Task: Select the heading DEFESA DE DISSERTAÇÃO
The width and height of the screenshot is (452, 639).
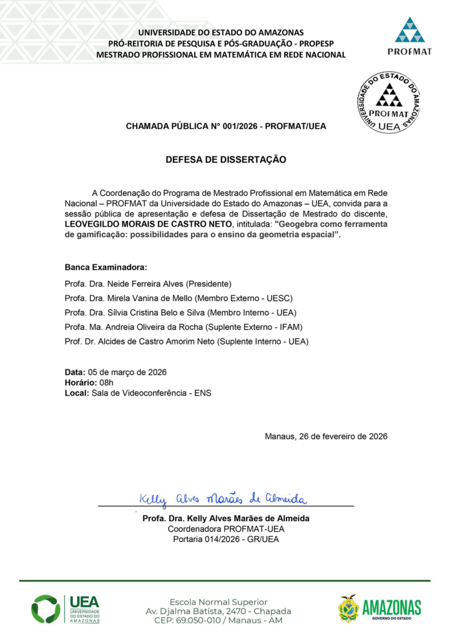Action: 225,160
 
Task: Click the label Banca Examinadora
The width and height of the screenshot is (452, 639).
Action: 106,267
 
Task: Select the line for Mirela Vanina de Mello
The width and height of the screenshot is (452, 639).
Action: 179,298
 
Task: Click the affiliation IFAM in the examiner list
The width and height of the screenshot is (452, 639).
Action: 289,327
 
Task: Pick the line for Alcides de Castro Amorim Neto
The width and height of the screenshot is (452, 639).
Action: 187,342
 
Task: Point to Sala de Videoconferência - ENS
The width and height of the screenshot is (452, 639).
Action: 152,393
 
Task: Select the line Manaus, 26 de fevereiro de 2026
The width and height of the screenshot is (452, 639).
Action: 326,436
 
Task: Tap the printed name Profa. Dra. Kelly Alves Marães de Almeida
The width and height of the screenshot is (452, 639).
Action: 225,519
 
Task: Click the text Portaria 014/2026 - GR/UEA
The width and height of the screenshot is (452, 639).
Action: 225,540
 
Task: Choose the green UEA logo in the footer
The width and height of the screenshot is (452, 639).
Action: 66,609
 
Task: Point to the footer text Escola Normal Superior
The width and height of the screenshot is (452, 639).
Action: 219,602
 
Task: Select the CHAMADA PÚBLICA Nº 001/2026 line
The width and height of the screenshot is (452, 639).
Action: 225,126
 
